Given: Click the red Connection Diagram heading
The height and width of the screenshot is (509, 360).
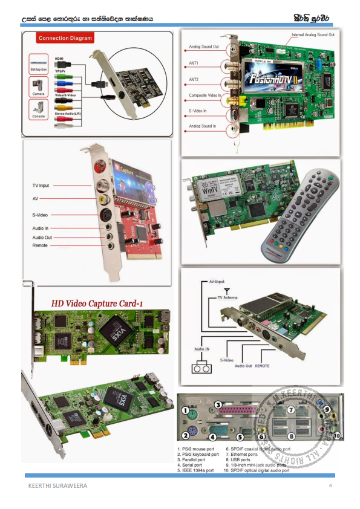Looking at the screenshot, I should click(65, 38).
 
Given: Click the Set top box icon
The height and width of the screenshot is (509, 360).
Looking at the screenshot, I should click(38, 63).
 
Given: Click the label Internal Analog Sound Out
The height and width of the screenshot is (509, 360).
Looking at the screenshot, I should click(313, 35).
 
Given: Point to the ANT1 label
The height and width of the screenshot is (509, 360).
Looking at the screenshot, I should click(195, 63).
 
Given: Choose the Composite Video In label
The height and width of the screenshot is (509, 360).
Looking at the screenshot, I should click(205, 96).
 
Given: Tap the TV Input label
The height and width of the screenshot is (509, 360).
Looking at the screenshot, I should click(41, 185).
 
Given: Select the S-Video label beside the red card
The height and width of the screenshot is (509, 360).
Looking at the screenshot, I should click(40, 215).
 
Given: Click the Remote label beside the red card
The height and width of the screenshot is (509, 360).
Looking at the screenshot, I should click(40, 245).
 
